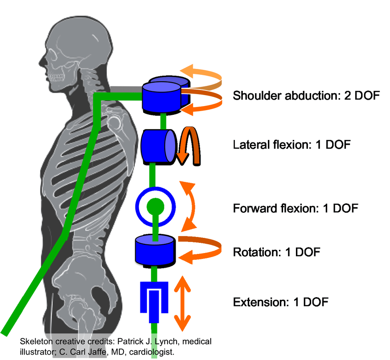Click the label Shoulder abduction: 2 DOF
tap(306, 96)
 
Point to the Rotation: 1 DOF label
tap(276, 252)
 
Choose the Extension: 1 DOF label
tap(281, 302)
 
